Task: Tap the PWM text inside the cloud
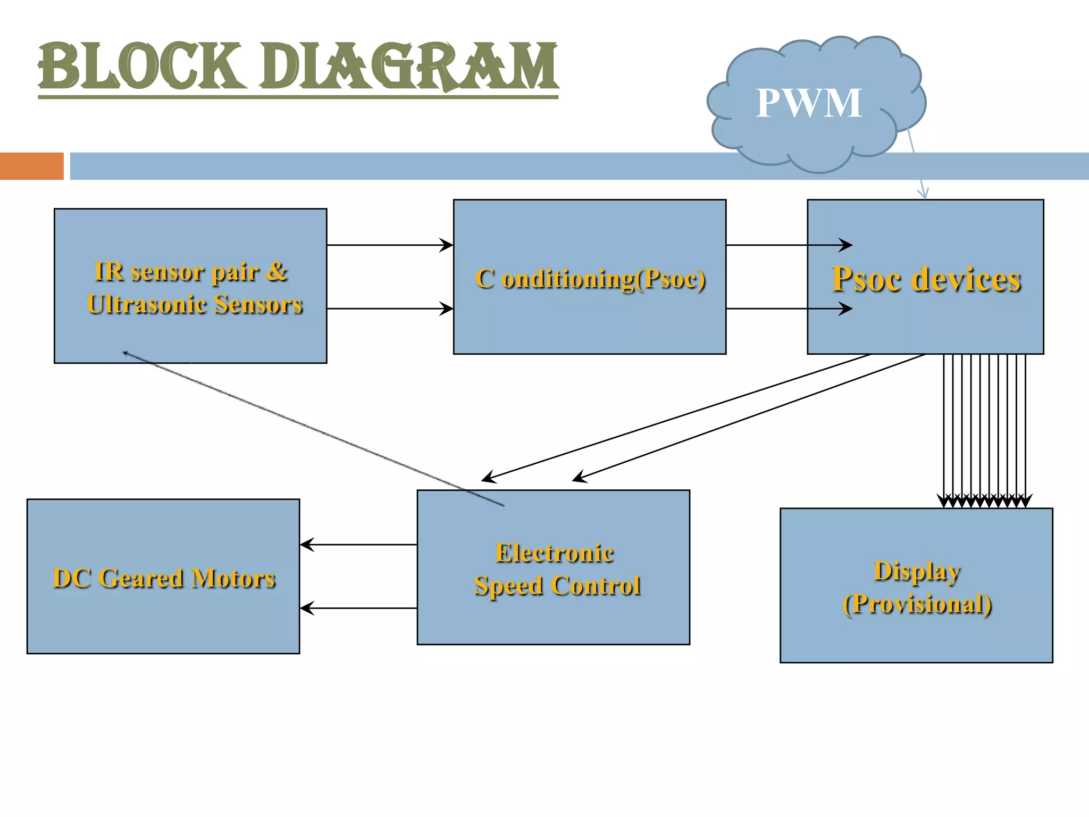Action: click(809, 103)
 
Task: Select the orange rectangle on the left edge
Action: click(31, 166)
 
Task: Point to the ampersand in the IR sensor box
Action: click(277, 271)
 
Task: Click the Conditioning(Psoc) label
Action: click(590, 279)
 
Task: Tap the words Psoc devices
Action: click(926, 279)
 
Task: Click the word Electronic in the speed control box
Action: click(555, 553)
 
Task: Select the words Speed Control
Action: click(557, 586)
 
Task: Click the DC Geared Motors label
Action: click(164, 578)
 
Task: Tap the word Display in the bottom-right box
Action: click(917, 571)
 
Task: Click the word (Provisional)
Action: click(917, 604)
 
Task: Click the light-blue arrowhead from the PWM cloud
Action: click(924, 194)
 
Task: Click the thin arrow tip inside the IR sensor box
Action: click(125, 352)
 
